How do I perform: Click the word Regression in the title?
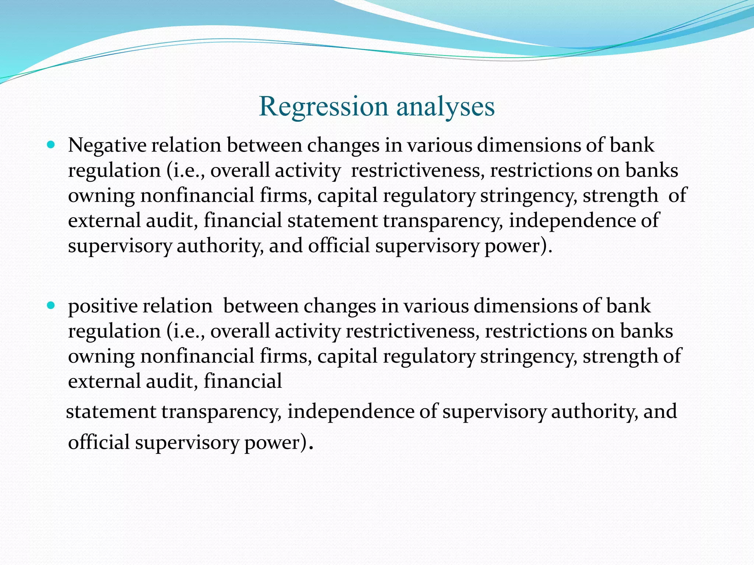(x=323, y=107)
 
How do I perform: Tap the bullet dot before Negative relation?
(x=51, y=145)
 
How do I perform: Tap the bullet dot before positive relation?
(x=51, y=305)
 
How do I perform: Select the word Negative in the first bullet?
(x=107, y=145)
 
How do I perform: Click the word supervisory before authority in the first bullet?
(x=120, y=246)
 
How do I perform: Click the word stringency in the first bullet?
(x=528, y=196)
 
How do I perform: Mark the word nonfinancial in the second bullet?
(x=197, y=356)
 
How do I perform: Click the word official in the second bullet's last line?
(x=99, y=442)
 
